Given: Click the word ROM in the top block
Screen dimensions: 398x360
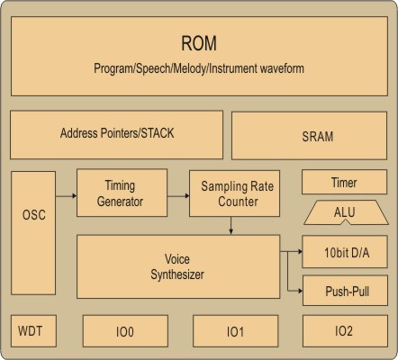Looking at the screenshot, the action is pyautogui.click(x=199, y=43).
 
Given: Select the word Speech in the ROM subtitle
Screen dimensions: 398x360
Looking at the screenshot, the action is pyautogui.click(x=153, y=68).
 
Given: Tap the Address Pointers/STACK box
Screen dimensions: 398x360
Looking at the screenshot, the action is pyautogui.click(x=116, y=135).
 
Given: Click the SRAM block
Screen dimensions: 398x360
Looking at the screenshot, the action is pyautogui.click(x=309, y=136).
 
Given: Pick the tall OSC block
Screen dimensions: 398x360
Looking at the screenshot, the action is pyautogui.click(x=33, y=233).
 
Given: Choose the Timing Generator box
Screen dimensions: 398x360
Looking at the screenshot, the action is pyautogui.click(x=122, y=193).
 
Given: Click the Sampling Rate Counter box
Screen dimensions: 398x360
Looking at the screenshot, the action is pyautogui.click(x=234, y=193).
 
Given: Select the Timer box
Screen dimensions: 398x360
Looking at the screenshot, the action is pyautogui.click(x=344, y=182).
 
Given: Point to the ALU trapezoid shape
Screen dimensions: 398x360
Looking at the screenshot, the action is pyautogui.click(x=346, y=212).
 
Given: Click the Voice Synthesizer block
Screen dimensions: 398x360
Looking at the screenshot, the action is pyautogui.click(x=178, y=266).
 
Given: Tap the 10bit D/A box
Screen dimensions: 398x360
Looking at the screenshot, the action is pyautogui.click(x=345, y=252).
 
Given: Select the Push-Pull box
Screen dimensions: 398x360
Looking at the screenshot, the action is pyautogui.click(x=345, y=291).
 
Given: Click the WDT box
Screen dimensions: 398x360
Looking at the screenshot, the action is pyautogui.click(x=33, y=331).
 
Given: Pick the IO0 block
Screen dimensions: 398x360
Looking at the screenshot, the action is pyautogui.click(x=125, y=331).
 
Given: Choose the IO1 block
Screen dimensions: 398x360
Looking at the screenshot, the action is pyautogui.click(x=235, y=331).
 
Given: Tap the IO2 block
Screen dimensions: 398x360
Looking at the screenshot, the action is pyautogui.click(x=345, y=331).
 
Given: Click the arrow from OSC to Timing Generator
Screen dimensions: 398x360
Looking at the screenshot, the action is pyautogui.click(x=66, y=196).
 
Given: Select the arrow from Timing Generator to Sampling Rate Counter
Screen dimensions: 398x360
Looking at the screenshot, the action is pyautogui.click(x=178, y=196).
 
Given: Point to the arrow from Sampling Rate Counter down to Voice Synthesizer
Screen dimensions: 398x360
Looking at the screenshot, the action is pyautogui.click(x=231, y=225).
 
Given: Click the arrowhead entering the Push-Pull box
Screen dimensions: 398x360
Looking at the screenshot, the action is pyautogui.click(x=300, y=291).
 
